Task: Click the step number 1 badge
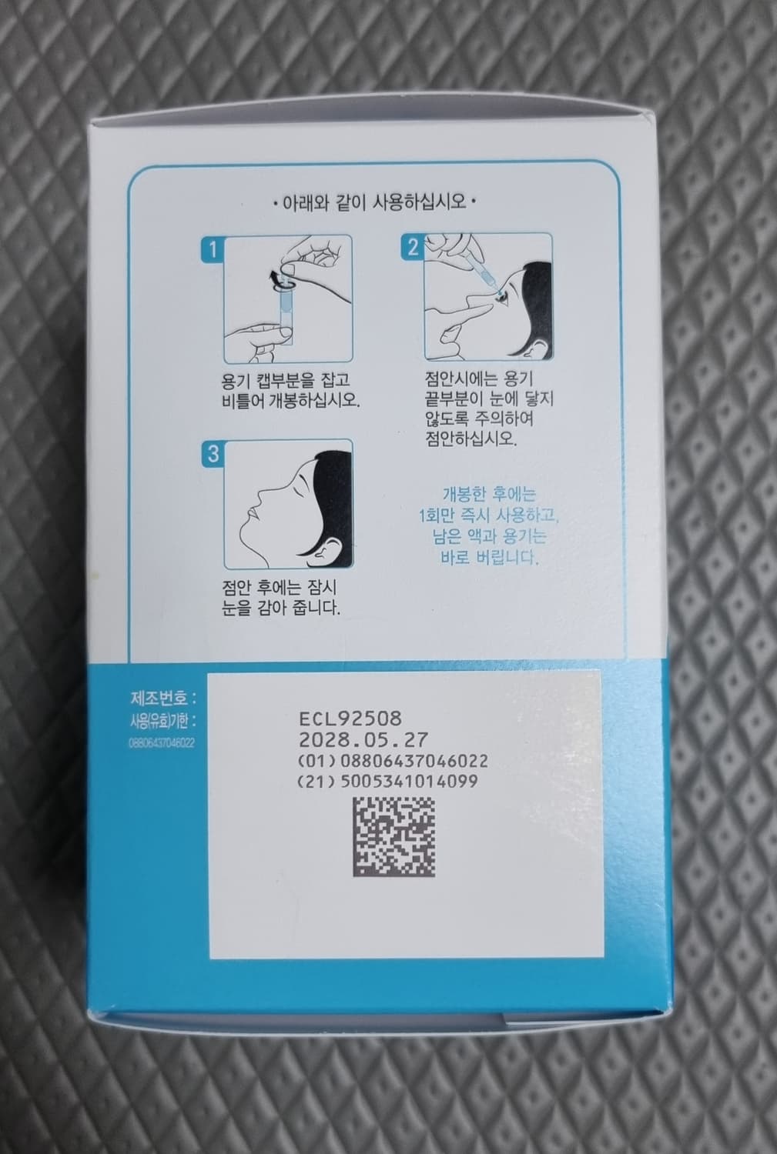(x=212, y=248)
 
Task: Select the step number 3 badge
(x=212, y=454)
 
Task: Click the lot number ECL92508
(x=350, y=719)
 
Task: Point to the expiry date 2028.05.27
(x=363, y=739)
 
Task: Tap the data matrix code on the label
(x=394, y=837)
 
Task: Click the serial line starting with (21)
(x=387, y=781)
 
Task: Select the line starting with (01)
(x=391, y=761)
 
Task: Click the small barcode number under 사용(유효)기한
(x=162, y=743)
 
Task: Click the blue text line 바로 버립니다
(x=489, y=557)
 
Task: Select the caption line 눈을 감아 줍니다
(x=281, y=607)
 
